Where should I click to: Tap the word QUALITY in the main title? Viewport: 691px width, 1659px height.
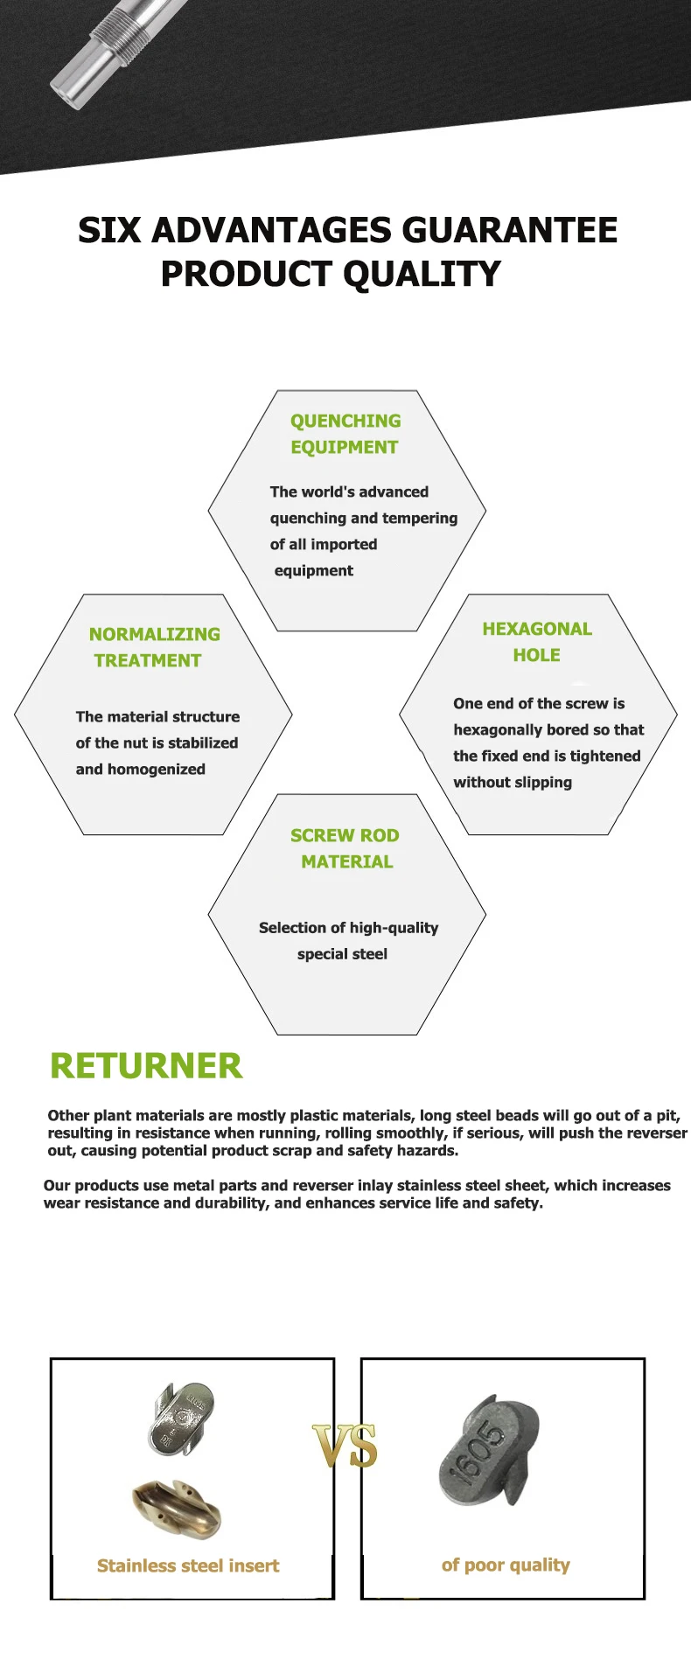pos(422,274)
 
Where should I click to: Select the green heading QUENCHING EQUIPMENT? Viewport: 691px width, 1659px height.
pos(345,434)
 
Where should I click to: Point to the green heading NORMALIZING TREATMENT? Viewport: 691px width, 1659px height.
pos(154,647)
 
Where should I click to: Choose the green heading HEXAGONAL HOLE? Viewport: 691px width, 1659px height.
pos(537,642)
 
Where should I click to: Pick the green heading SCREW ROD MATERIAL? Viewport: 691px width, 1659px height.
pos(345,848)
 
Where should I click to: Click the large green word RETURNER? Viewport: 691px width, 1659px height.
pos(146,1066)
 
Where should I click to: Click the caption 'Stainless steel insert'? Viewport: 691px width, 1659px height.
pos(188,1565)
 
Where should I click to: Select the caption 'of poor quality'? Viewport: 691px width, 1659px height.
pos(506,1565)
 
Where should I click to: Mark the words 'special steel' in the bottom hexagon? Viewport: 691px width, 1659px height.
pos(342,954)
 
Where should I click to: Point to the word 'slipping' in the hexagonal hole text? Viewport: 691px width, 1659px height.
pos(544,783)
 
